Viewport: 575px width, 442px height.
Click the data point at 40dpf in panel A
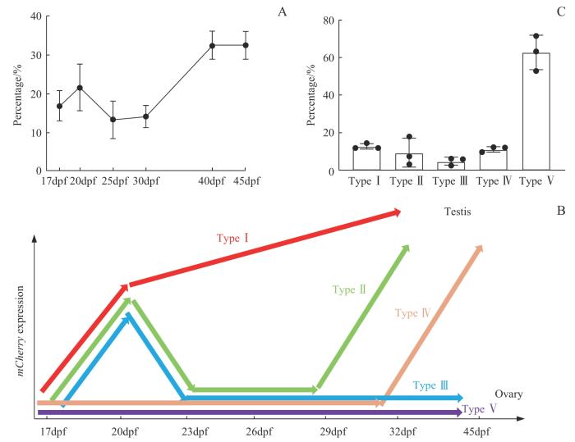pyautogui.click(x=213, y=45)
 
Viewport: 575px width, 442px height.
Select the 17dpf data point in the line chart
pyautogui.click(x=59, y=106)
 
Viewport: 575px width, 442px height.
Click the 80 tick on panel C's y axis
pyautogui.click(x=329, y=20)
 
